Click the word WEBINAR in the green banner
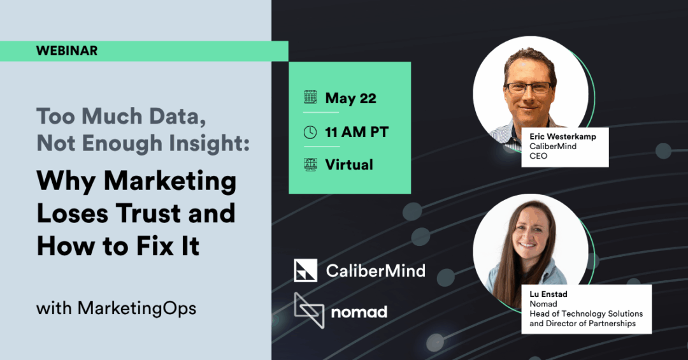pyautogui.click(x=67, y=50)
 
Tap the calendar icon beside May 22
pyautogui.click(x=310, y=97)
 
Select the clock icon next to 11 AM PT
pyautogui.click(x=310, y=132)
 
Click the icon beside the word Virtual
pyautogui.click(x=310, y=164)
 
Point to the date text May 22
pyautogui.click(x=350, y=98)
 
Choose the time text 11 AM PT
pyautogui.click(x=357, y=132)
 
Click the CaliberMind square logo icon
pyautogui.click(x=305, y=270)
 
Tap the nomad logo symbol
pyautogui.click(x=309, y=310)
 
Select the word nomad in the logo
pyautogui.click(x=359, y=312)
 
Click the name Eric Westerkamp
pyautogui.click(x=563, y=136)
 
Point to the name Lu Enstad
pyautogui.click(x=548, y=294)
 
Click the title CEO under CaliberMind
pyautogui.click(x=538, y=156)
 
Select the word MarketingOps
pyautogui.click(x=137, y=308)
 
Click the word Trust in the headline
pyautogui.click(x=148, y=213)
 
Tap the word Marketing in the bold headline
pyautogui.click(x=170, y=182)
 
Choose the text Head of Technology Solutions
pyautogui.click(x=586, y=313)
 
